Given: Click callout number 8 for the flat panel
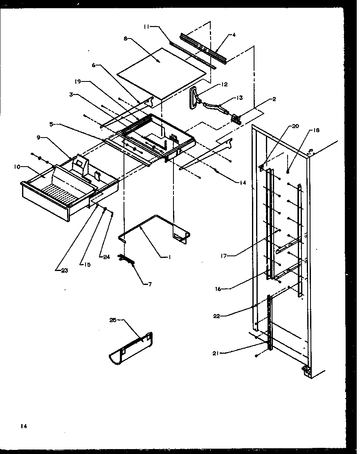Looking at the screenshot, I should click(x=125, y=38).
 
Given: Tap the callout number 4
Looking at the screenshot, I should click(x=234, y=35).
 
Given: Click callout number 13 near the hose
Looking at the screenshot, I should click(x=239, y=98).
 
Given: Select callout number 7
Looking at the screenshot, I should click(x=149, y=284).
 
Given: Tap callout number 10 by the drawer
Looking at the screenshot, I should click(x=17, y=167).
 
